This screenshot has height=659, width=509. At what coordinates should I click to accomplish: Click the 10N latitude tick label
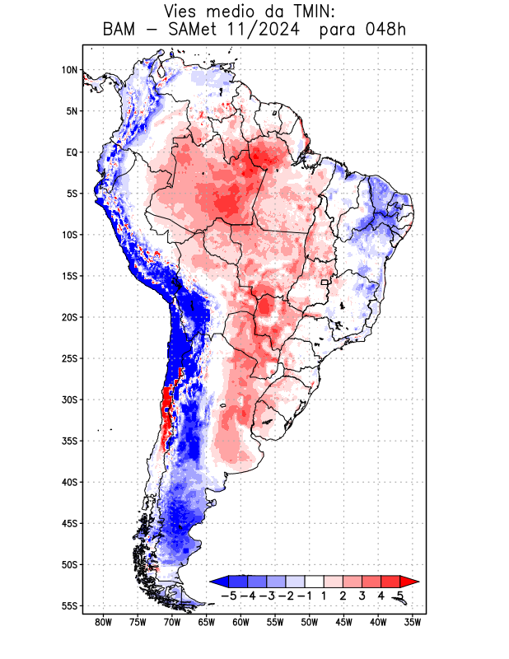(x=69, y=70)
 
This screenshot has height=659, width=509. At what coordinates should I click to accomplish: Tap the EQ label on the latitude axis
(x=72, y=152)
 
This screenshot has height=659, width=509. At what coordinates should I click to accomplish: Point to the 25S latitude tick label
(x=69, y=358)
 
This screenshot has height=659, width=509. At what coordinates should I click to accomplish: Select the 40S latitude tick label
(x=69, y=482)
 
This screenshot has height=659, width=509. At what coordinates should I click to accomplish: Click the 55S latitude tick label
(x=69, y=605)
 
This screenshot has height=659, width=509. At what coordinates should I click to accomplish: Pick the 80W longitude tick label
(x=103, y=622)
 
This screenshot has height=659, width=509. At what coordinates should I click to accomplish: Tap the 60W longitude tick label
(x=240, y=622)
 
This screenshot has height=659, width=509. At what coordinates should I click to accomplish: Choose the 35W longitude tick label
(x=413, y=622)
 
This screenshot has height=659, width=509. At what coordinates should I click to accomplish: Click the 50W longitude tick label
(x=310, y=622)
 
